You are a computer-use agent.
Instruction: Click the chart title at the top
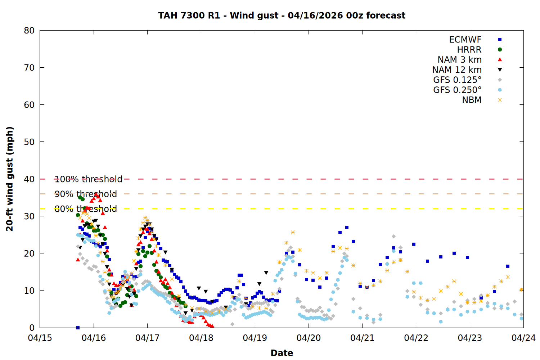coord(282,15)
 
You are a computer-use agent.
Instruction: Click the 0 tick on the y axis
coord(32,328)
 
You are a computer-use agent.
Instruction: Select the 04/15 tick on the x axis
coord(40,338)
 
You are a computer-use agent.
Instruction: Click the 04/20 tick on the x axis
coord(309,338)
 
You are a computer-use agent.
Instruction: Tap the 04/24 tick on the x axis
coord(523,338)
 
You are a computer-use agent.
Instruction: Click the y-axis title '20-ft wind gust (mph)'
coord(10,179)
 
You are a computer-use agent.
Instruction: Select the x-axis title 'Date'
coord(282,353)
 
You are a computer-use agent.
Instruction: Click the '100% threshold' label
coord(88,179)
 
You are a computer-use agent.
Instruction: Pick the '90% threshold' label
coord(86,194)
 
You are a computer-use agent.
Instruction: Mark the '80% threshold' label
coord(86,209)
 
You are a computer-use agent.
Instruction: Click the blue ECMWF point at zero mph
coord(78,328)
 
